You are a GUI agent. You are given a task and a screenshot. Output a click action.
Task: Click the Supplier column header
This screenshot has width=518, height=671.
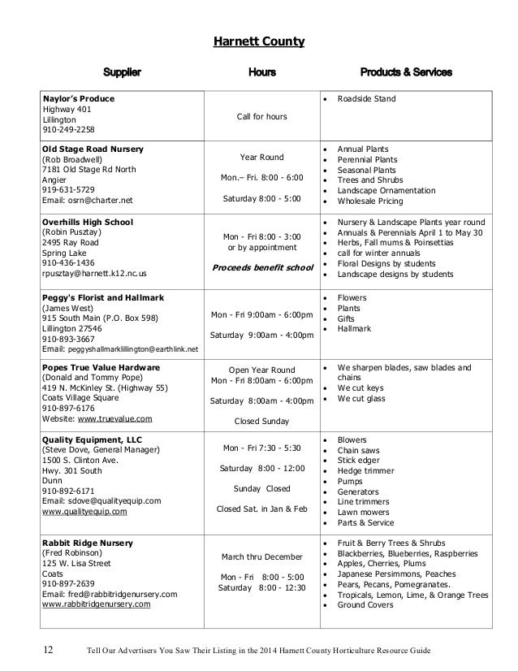click(x=121, y=73)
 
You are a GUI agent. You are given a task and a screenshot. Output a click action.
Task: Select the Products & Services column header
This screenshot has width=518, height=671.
click(x=405, y=73)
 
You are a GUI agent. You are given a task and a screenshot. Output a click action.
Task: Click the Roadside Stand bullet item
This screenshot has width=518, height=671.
click(x=367, y=99)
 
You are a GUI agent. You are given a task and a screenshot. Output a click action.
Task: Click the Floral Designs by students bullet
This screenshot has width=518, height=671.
click(x=386, y=264)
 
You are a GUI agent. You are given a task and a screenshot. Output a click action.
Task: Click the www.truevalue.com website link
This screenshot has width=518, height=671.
click(x=114, y=418)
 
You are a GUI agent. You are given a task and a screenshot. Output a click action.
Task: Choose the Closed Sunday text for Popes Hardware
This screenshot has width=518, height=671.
click(x=261, y=421)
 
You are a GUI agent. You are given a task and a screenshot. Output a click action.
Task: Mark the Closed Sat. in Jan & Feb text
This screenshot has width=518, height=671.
click(x=261, y=509)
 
